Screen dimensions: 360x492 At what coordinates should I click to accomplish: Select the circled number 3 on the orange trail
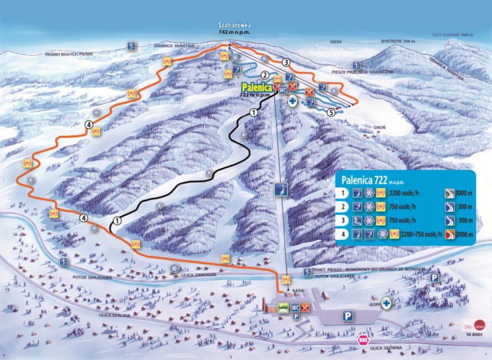click(286, 62)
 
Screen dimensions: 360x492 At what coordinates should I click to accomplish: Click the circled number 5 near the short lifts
click(331, 113)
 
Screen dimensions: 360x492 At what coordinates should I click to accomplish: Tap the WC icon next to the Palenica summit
click(283, 88)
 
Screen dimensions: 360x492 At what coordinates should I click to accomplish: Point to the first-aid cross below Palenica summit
click(292, 101)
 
